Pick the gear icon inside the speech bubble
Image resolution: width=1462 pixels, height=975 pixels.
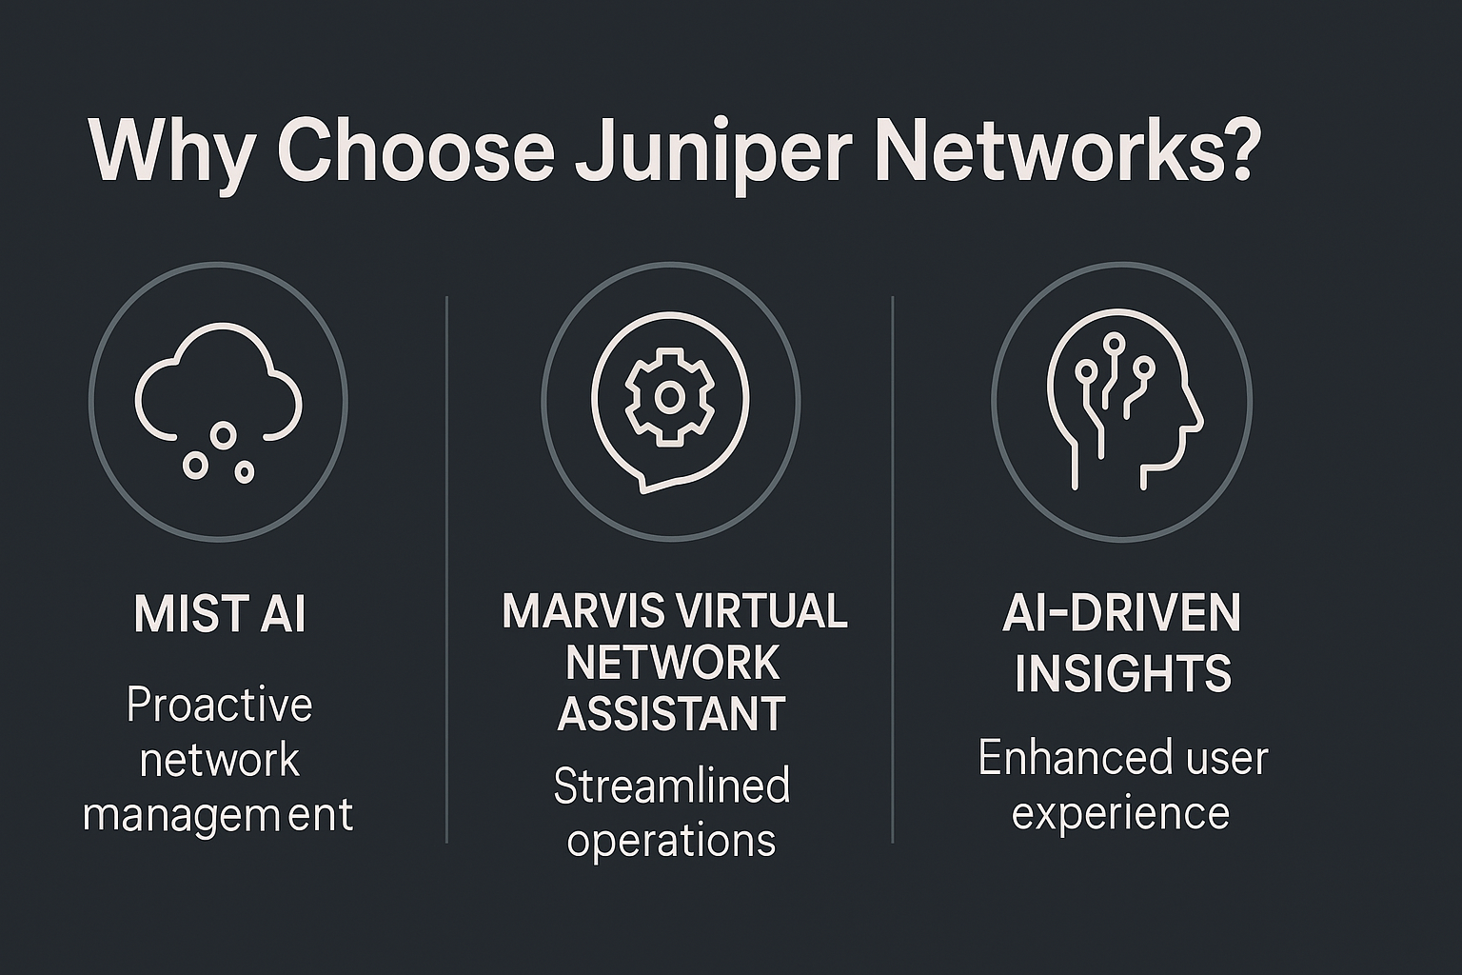(669, 397)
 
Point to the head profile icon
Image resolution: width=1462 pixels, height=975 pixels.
(1123, 400)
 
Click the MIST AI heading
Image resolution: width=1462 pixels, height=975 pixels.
(220, 614)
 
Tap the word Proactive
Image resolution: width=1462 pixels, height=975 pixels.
(220, 706)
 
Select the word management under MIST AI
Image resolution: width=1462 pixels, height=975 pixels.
(218, 816)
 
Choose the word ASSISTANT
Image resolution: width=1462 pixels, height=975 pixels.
(671, 713)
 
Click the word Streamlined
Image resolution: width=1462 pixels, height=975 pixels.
(671, 786)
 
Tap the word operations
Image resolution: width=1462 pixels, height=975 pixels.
(671, 841)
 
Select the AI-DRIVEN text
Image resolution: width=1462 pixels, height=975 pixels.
(1122, 614)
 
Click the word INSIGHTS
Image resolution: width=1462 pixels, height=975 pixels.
(1122, 673)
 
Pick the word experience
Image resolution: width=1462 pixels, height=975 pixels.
(1120, 814)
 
